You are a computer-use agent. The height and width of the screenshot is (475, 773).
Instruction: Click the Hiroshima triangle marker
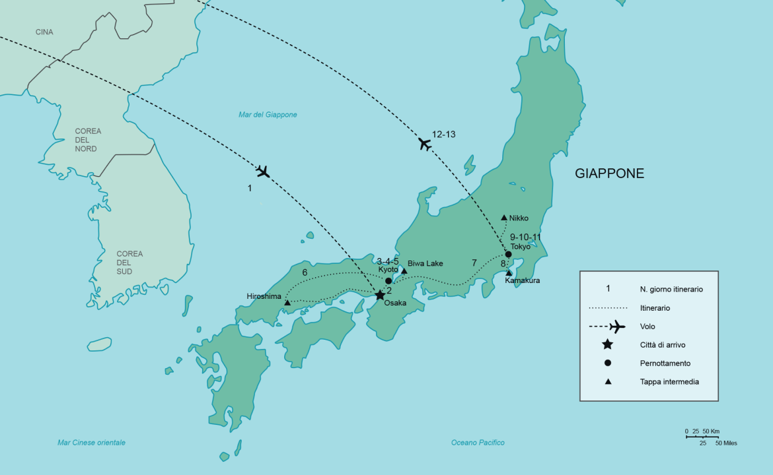pyautogui.click(x=287, y=303)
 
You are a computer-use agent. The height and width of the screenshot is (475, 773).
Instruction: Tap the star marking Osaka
pyautogui.click(x=380, y=295)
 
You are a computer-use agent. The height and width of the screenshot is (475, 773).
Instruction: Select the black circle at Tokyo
pyautogui.click(x=508, y=255)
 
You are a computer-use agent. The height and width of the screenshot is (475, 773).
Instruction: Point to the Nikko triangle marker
pyautogui.click(x=504, y=217)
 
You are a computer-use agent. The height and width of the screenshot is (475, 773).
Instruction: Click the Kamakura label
pyautogui.click(x=522, y=280)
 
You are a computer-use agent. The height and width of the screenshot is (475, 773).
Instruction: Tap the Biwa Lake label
pyautogui.click(x=425, y=263)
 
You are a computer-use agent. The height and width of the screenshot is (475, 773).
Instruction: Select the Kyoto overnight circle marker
pyautogui.click(x=388, y=280)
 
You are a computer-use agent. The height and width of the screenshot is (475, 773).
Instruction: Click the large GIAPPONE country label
pyautogui.click(x=609, y=174)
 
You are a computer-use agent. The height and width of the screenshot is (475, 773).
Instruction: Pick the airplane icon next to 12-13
pyautogui.click(x=425, y=144)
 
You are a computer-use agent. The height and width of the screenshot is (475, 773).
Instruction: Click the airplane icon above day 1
pyautogui.click(x=263, y=172)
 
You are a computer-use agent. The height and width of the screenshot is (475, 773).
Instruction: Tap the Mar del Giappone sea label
pyautogui.click(x=268, y=115)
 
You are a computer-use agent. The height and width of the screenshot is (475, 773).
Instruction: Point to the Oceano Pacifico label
pyautogui.click(x=478, y=443)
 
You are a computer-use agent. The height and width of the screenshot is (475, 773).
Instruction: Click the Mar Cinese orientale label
pyautogui.click(x=91, y=443)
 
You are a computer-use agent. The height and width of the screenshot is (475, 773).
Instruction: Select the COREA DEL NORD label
pyautogui.click(x=88, y=140)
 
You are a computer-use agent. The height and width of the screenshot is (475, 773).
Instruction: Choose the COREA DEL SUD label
pyautogui.click(x=129, y=263)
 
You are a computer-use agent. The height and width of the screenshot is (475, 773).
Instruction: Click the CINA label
pyautogui.click(x=44, y=32)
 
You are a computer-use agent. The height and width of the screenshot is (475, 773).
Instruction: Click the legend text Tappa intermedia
pyautogui.click(x=669, y=381)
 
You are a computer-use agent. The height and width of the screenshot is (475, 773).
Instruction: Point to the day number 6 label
pyautogui.click(x=305, y=272)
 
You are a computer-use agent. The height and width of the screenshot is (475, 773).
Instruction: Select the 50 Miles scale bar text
pyautogui.click(x=725, y=443)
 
